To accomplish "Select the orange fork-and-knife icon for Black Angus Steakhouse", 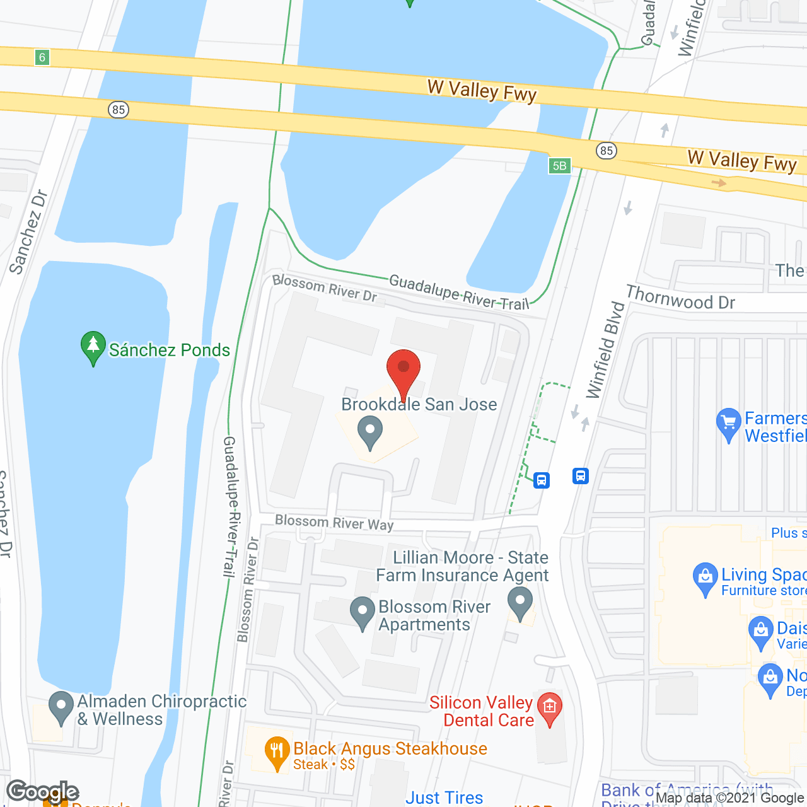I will point(277,753).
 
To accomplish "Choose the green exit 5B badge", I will point(559,166).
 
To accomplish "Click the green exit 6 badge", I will point(42,57).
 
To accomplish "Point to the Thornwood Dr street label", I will point(680,298).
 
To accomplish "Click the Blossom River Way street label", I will point(334,522).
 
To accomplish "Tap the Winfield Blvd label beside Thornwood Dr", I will point(605,351).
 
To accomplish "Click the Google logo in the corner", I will point(42,791).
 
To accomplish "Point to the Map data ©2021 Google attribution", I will point(729,798).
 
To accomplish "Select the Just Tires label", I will point(444,798).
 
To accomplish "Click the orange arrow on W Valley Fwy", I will point(718,183).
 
